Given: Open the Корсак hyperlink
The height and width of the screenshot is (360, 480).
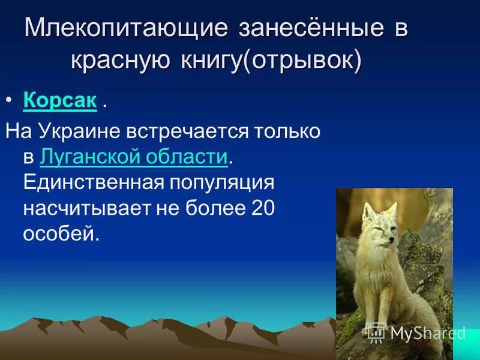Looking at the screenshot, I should click(x=60, y=101).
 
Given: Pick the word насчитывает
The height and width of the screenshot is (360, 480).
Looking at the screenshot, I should click(x=82, y=208).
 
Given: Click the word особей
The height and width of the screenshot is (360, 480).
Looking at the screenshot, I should click(x=60, y=233).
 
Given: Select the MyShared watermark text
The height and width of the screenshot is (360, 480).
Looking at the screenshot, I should click(x=427, y=332).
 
